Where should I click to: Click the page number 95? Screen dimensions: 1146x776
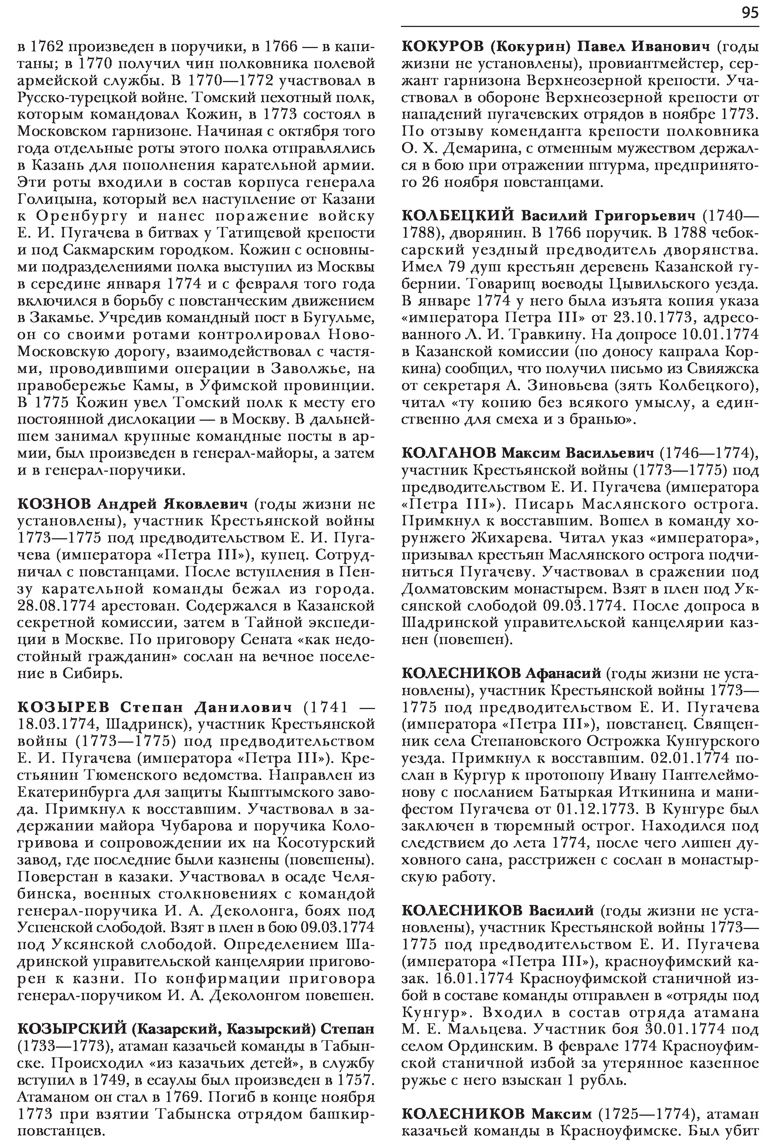pyautogui.click(x=749, y=13)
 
